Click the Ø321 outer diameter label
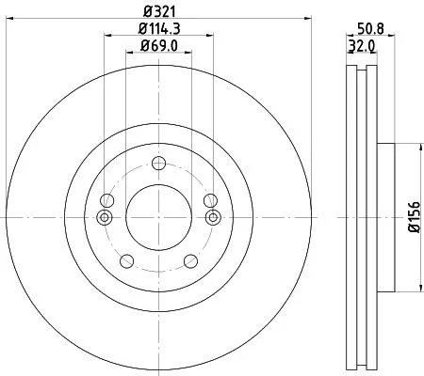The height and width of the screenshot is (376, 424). click(158, 11)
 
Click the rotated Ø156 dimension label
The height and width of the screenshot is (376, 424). click(412, 217)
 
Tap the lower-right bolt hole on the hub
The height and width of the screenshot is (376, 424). click(193, 259)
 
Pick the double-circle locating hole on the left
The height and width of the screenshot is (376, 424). click(106, 218)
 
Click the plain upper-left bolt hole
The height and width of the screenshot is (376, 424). click(106, 200)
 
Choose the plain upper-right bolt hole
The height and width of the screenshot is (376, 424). click(210, 200)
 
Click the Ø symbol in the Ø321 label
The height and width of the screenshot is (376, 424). click(147, 11)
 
